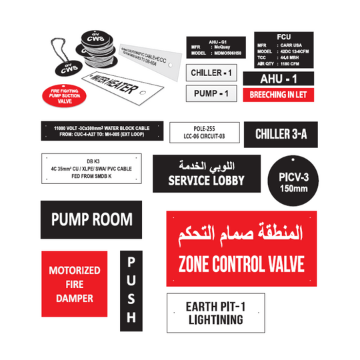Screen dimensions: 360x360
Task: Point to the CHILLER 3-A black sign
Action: click(281, 134)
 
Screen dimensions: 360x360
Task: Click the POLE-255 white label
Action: click(203, 132)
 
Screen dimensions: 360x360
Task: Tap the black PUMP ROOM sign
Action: click(92, 219)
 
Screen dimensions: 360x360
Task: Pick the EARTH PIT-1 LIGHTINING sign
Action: click(214, 313)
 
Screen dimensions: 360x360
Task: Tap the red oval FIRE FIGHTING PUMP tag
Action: click(65, 97)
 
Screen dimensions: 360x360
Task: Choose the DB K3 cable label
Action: click(92, 169)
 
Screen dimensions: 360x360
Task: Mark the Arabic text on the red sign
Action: click(241, 234)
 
